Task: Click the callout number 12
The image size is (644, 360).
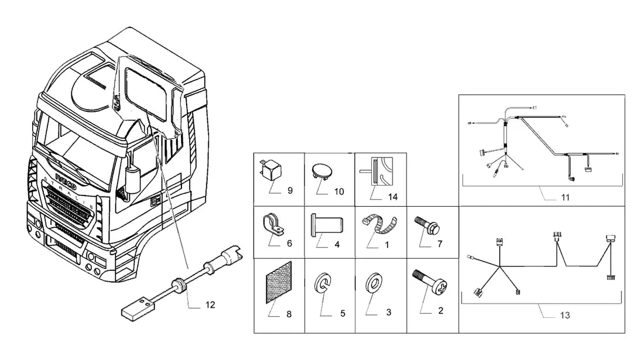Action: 210,305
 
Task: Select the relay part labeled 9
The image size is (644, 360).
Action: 271,170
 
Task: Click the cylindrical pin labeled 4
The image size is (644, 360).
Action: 327,224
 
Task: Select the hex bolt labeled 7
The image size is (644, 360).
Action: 427,225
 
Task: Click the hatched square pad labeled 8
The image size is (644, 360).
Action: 279,282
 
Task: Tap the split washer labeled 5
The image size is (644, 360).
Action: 323,282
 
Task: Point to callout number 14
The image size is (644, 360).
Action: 393,197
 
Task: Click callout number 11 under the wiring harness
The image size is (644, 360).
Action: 565,197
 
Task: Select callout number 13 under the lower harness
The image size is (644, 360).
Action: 565,316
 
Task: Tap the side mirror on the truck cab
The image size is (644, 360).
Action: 132,180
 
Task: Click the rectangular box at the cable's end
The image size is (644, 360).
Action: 138,307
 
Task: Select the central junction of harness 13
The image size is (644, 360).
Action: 500,268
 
